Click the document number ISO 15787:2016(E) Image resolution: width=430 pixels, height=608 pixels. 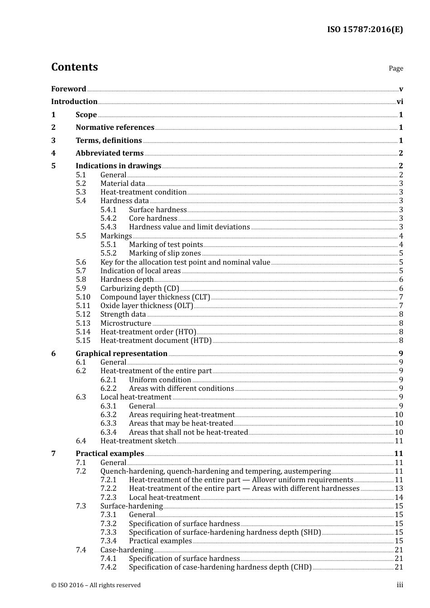[x=365, y=29]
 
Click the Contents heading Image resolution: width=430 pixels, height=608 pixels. [x=74, y=67]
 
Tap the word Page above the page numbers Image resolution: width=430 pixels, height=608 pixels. [x=396, y=68]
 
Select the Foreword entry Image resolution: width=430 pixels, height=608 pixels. [x=68, y=89]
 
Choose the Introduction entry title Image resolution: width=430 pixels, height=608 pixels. [x=74, y=101]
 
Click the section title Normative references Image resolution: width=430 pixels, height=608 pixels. [x=115, y=127]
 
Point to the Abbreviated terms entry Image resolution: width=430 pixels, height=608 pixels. [x=110, y=153]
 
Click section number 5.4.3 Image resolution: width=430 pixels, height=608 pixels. [x=108, y=227]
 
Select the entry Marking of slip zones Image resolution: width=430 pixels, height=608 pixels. [x=165, y=253]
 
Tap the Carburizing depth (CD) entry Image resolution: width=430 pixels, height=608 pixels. [x=139, y=288]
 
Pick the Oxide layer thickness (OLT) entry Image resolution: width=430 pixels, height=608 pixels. [x=147, y=305]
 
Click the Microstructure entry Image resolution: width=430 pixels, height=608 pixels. [x=126, y=323]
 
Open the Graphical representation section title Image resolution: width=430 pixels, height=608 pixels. [x=121, y=353]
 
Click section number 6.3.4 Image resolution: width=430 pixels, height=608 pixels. [x=108, y=432]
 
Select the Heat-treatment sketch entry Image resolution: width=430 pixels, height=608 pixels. [x=138, y=441]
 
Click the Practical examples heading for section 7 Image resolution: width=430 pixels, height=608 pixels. [x=110, y=453]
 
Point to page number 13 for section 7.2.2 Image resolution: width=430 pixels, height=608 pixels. [x=399, y=488]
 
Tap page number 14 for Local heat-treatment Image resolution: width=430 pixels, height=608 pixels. [x=399, y=497]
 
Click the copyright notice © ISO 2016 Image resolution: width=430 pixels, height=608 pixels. [x=96, y=585]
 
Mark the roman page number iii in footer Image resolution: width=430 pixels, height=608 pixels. [x=400, y=585]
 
